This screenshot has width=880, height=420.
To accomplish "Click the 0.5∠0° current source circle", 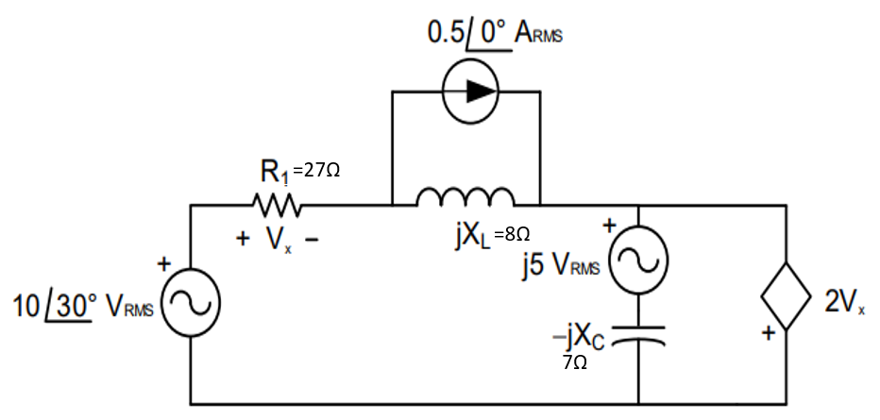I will [x=469, y=92].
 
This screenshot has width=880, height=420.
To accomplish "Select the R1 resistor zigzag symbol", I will [x=276, y=204].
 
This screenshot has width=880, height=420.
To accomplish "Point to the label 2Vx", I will [x=844, y=302].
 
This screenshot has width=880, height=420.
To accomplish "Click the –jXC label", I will [x=577, y=337].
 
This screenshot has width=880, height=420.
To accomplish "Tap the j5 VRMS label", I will [x=559, y=265].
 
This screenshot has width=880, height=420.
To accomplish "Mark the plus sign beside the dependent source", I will [x=770, y=333].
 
